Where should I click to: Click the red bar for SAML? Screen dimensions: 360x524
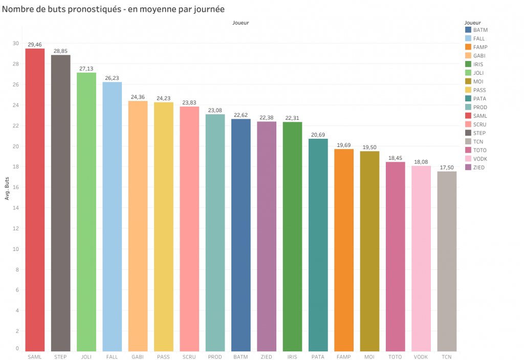[35, 200]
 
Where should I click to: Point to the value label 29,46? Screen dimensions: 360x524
[35, 45]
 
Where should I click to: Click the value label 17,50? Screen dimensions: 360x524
[447, 168]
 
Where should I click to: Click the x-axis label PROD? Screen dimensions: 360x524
[215, 356]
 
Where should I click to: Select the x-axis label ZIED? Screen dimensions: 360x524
[267, 356]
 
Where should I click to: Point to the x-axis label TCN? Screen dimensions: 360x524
[447, 356]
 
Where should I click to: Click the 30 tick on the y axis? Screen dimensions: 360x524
[15, 44]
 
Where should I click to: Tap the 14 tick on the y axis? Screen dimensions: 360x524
[15, 208]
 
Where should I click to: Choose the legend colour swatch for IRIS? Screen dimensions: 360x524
[468, 64]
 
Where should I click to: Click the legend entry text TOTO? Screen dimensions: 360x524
[479, 150]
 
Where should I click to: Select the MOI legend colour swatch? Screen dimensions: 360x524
[468, 81]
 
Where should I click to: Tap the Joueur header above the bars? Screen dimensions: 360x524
[241, 23]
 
